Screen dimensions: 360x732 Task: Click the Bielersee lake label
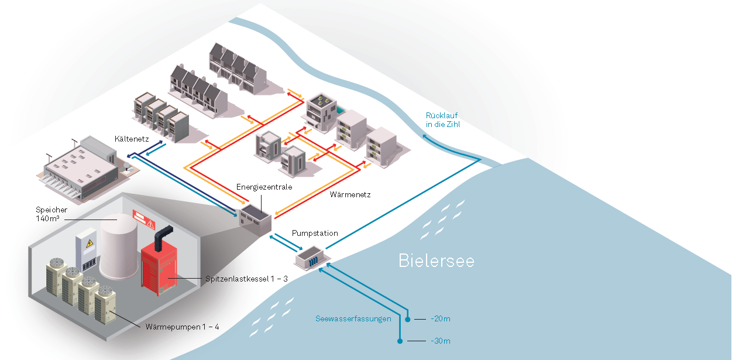pyautogui.click(x=436, y=260)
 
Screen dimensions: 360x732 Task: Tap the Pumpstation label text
pyautogui.click(x=315, y=233)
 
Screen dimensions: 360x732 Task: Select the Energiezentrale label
pyautogui.click(x=264, y=187)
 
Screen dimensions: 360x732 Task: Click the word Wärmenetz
pyautogui.click(x=350, y=194)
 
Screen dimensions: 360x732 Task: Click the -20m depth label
pyautogui.click(x=440, y=319)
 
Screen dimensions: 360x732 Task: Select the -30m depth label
pyautogui.click(x=440, y=341)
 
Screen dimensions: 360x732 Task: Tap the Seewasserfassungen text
pyautogui.click(x=353, y=319)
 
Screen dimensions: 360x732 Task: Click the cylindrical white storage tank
pyautogui.click(x=119, y=246)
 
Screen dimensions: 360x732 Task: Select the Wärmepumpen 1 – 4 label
pyautogui.click(x=182, y=326)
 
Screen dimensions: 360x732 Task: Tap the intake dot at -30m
pyautogui.click(x=400, y=341)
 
